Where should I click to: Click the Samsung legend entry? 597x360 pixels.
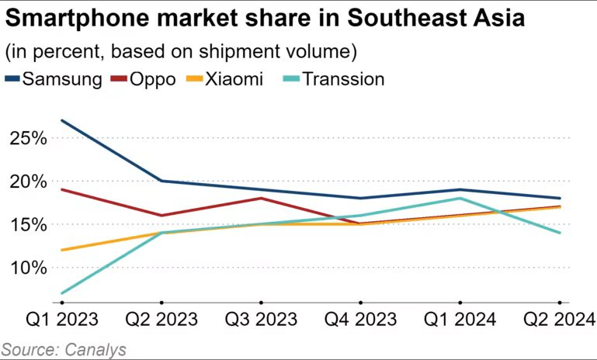[x=53, y=78]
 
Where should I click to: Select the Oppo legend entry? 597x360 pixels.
[x=143, y=78]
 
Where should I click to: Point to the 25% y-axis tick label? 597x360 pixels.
[x=28, y=138]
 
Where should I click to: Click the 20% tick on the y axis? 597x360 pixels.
[x=28, y=182]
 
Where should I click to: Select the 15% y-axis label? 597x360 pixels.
[x=28, y=224]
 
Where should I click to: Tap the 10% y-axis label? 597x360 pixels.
[x=28, y=268]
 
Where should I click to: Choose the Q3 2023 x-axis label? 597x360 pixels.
[x=260, y=320]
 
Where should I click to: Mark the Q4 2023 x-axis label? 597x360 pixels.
[x=360, y=320]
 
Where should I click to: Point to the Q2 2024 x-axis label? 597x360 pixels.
[x=559, y=320]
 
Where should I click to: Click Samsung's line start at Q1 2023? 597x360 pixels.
[x=61, y=120]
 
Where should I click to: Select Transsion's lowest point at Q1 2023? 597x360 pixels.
[x=61, y=293]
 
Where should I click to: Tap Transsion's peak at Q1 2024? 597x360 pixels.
[x=460, y=198]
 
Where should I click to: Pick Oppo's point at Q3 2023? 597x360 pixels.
[x=260, y=198]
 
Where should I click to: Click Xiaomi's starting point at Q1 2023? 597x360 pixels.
[x=61, y=250]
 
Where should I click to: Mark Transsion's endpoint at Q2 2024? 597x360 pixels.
[x=560, y=233]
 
